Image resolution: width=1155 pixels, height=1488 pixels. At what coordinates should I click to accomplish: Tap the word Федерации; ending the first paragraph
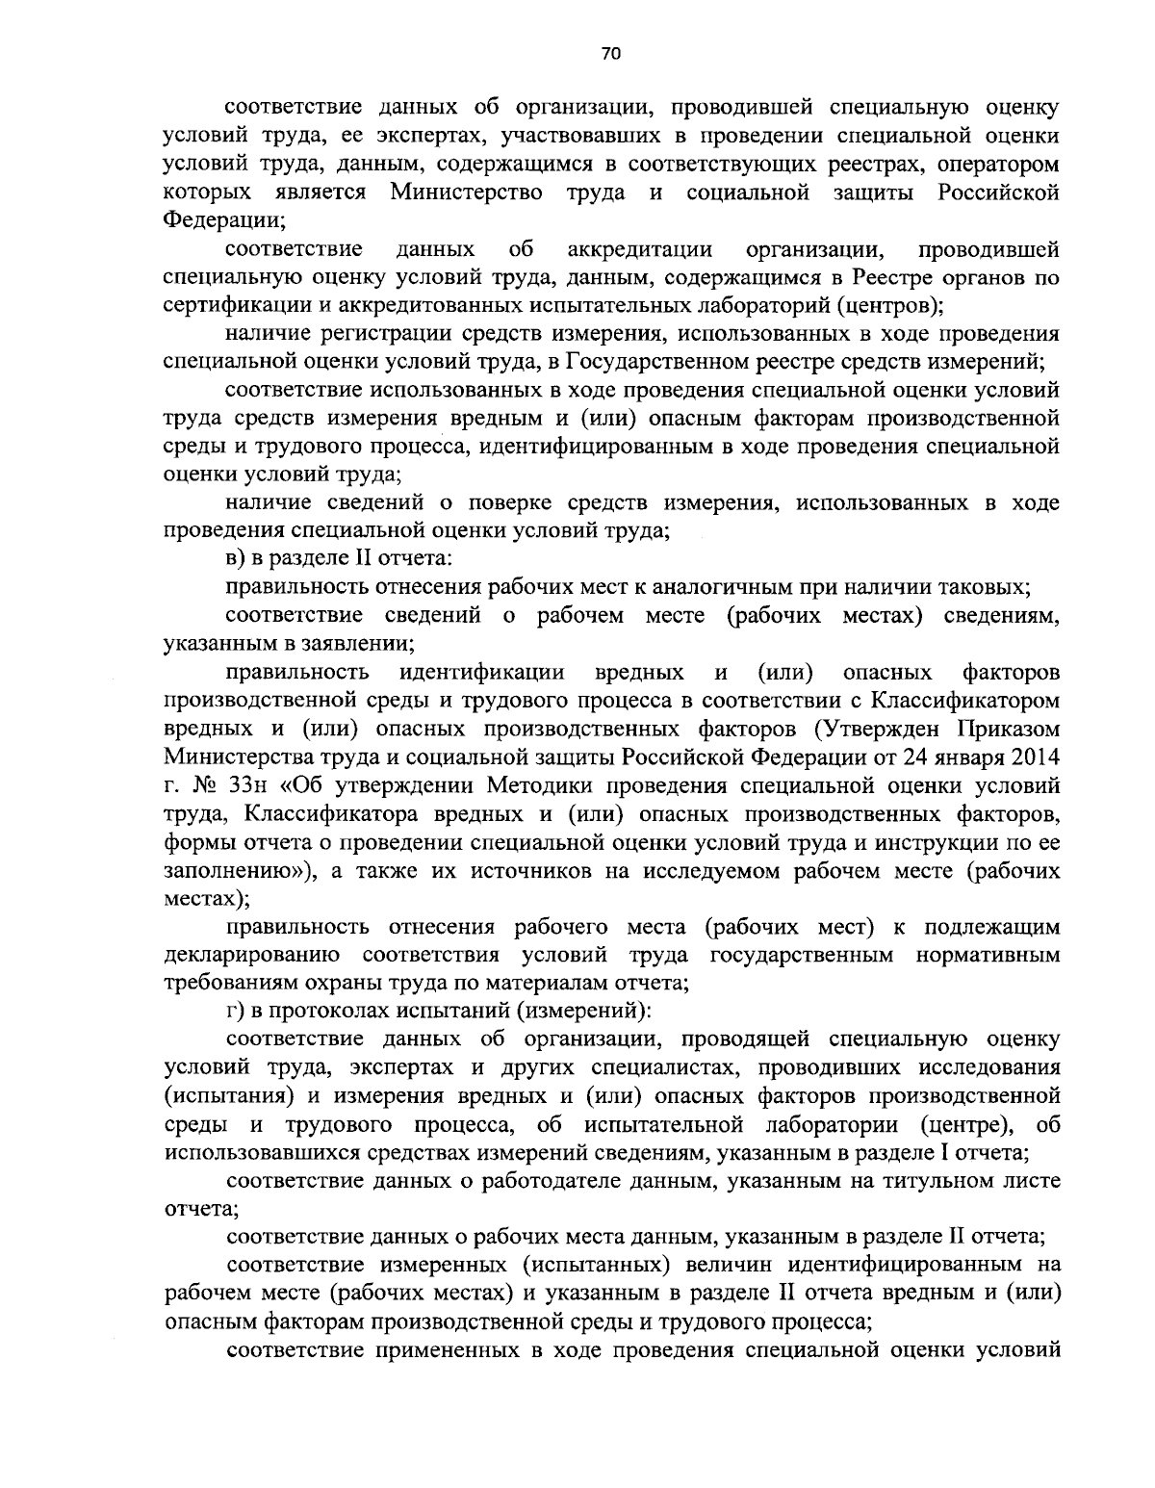click(223, 220)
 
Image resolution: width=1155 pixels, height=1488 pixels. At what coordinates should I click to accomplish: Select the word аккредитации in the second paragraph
click(640, 250)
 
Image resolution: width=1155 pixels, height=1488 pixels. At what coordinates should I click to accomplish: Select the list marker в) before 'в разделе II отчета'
click(238, 558)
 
